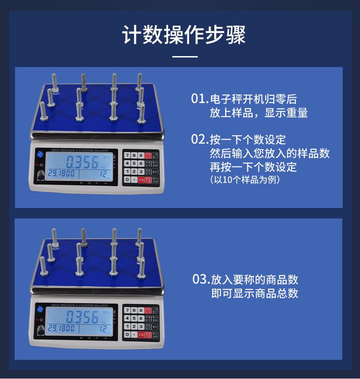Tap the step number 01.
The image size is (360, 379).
click(x=199, y=99)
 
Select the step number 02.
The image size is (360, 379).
click(x=199, y=139)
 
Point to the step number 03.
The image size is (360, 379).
click(x=201, y=279)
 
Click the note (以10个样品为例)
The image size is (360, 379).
click(x=245, y=180)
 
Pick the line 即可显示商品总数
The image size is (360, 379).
click(x=255, y=293)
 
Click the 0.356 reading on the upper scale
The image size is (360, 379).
click(x=82, y=162)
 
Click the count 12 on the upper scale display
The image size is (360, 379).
click(x=103, y=173)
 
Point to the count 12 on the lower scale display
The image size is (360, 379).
click(x=103, y=328)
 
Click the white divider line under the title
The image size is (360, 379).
click(x=185, y=57)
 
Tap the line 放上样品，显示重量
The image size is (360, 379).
click(x=258, y=113)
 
